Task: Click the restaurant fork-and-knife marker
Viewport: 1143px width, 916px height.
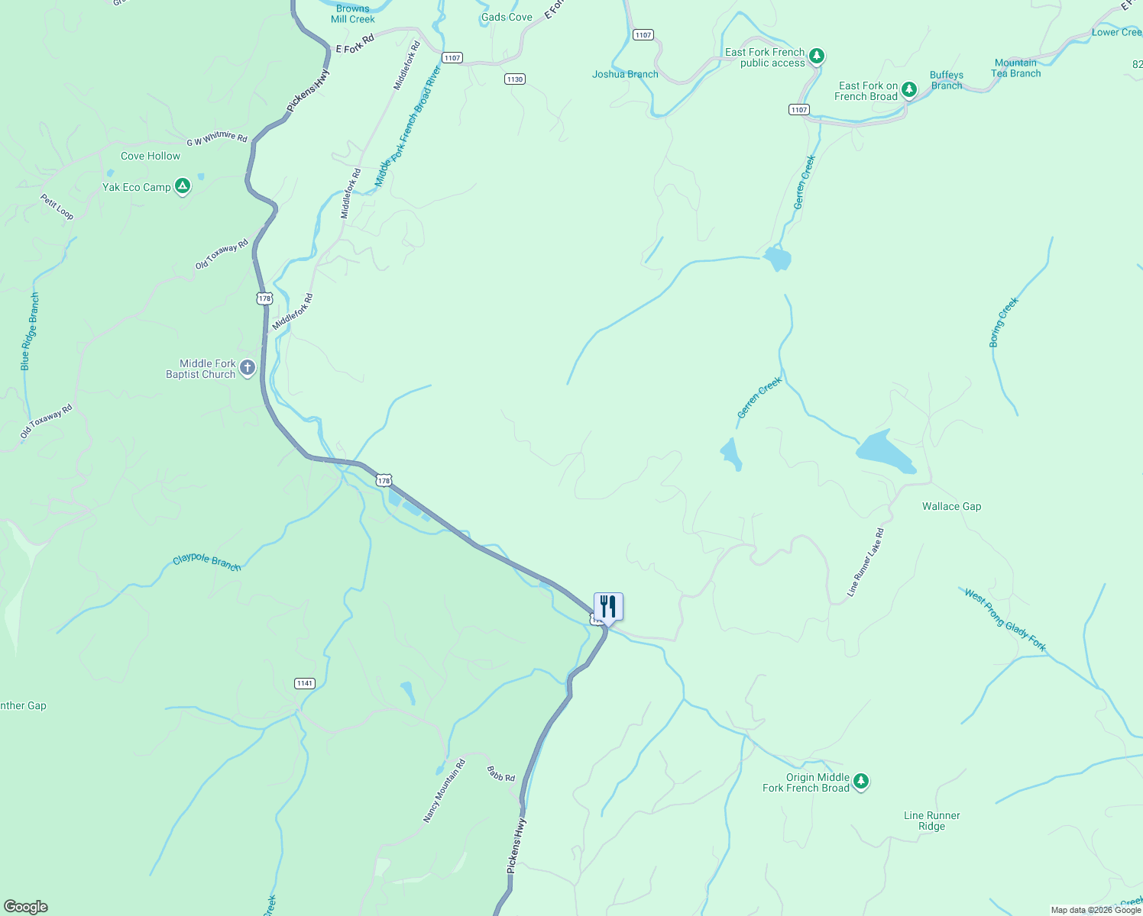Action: coord(608,607)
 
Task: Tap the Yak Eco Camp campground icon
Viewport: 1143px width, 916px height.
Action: coord(182,186)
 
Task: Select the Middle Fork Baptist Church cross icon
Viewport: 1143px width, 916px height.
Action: coord(248,369)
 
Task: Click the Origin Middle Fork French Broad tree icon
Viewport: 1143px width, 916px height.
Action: coord(861,781)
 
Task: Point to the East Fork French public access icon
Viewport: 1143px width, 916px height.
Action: coord(817,56)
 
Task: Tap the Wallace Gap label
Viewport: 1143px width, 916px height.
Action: coord(951,507)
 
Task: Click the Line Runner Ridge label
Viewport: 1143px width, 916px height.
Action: coord(931,821)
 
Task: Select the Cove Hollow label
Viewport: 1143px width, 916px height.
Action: coord(151,156)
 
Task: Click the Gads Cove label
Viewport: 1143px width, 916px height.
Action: coord(507,18)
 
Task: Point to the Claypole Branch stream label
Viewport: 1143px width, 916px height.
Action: coord(207,563)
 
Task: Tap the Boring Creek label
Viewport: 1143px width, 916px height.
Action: coord(1004,322)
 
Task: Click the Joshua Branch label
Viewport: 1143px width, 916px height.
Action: coord(625,75)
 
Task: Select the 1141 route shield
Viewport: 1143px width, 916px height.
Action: coord(305,683)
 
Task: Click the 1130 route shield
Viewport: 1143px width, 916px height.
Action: coord(515,79)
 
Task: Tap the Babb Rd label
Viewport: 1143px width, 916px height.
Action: coord(501,775)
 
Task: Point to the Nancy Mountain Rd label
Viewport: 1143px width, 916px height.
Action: coord(444,792)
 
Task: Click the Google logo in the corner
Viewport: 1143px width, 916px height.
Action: coord(26,907)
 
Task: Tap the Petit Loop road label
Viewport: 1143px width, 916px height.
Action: coord(57,207)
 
